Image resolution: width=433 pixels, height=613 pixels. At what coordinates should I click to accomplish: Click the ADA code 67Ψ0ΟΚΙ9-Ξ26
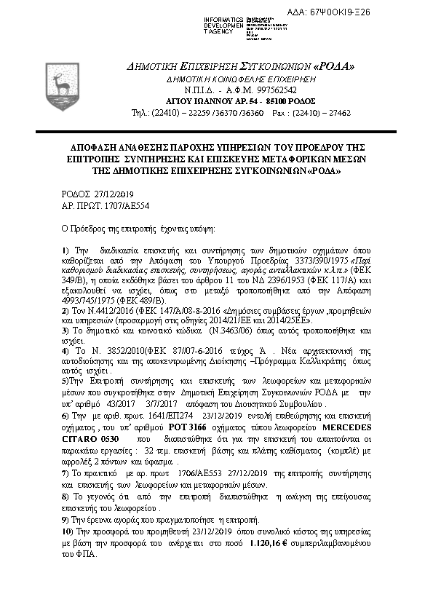pyautogui.click(x=381, y=12)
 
